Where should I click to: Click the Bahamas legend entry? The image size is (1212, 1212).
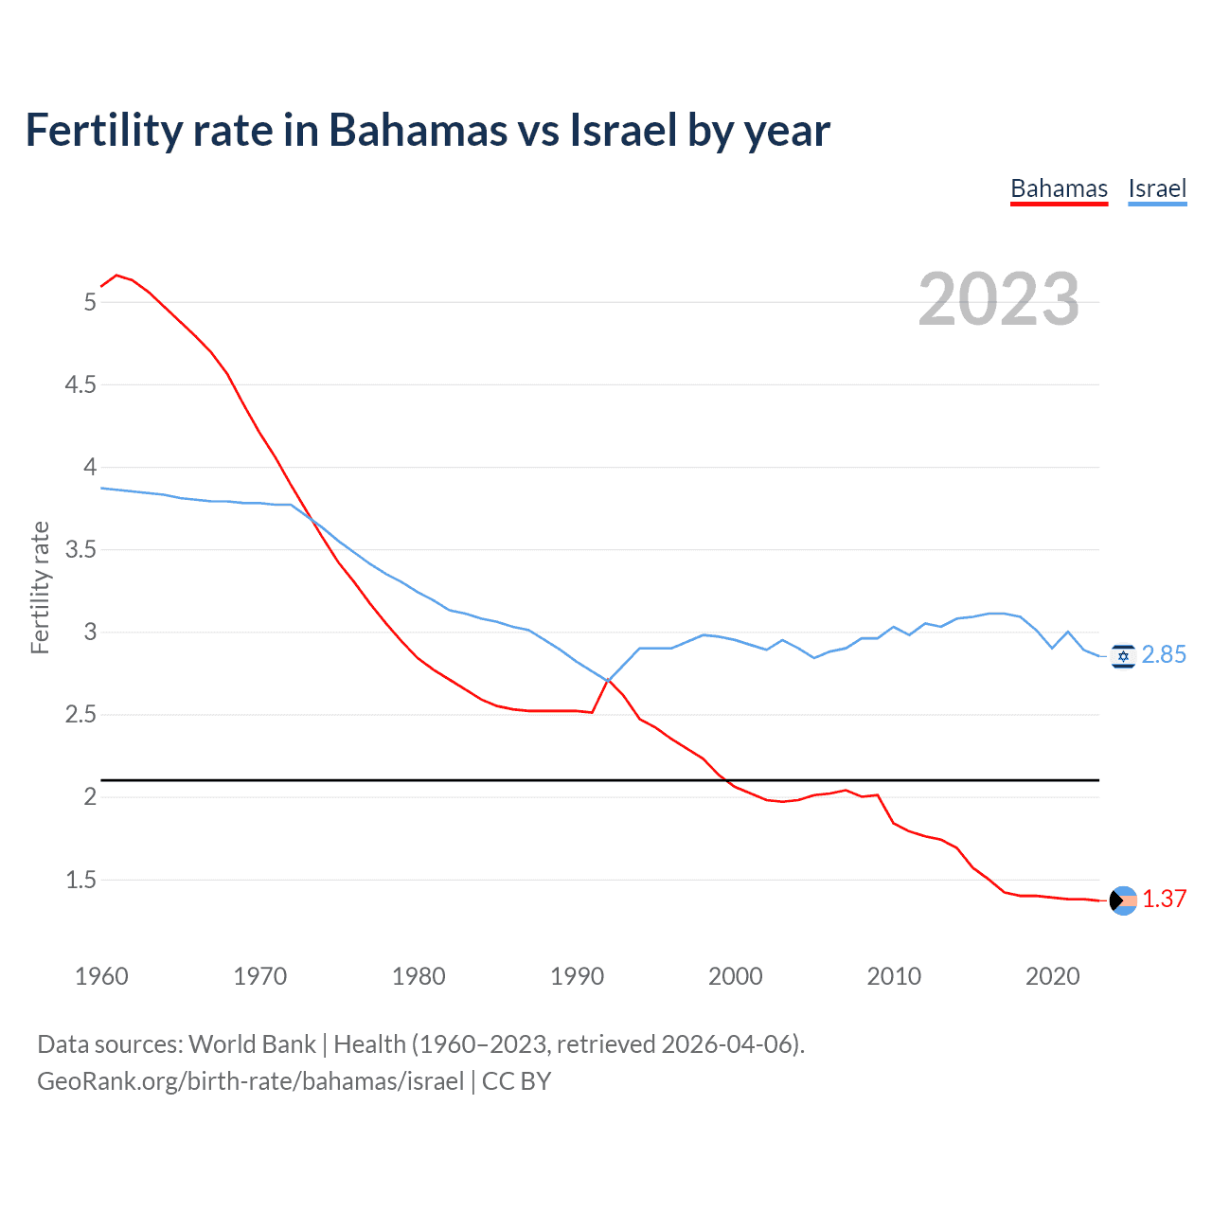click(x=1059, y=188)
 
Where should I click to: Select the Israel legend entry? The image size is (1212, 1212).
click(x=1157, y=188)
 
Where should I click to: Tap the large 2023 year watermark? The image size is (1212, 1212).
click(x=998, y=299)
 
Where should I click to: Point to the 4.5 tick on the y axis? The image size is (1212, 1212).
click(x=80, y=384)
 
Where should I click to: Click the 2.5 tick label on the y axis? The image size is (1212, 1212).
click(x=80, y=714)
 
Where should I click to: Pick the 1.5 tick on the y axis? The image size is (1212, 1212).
click(x=80, y=880)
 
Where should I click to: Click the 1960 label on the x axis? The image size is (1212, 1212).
click(x=101, y=976)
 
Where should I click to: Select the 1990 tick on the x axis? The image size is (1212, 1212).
click(x=577, y=976)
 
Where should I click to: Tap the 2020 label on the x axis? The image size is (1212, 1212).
click(x=1052, y=976)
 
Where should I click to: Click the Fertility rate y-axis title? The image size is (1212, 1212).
click(x=40, y=587)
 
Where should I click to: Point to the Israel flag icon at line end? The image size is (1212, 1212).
click(x=1123, y=655)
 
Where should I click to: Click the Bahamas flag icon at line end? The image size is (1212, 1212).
click(x=1123, y=900)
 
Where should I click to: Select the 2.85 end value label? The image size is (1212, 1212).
click(x=1164, y=655)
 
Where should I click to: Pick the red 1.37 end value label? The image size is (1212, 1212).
click(x=1164, y=900)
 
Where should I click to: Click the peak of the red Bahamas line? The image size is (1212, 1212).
click(x=116, y=276)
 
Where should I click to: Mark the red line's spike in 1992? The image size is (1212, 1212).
click(x=608, y=680)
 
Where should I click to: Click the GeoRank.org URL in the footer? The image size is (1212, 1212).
click(x=250, y=1081)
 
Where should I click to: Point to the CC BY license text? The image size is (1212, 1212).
click(x=517, y=1081)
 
